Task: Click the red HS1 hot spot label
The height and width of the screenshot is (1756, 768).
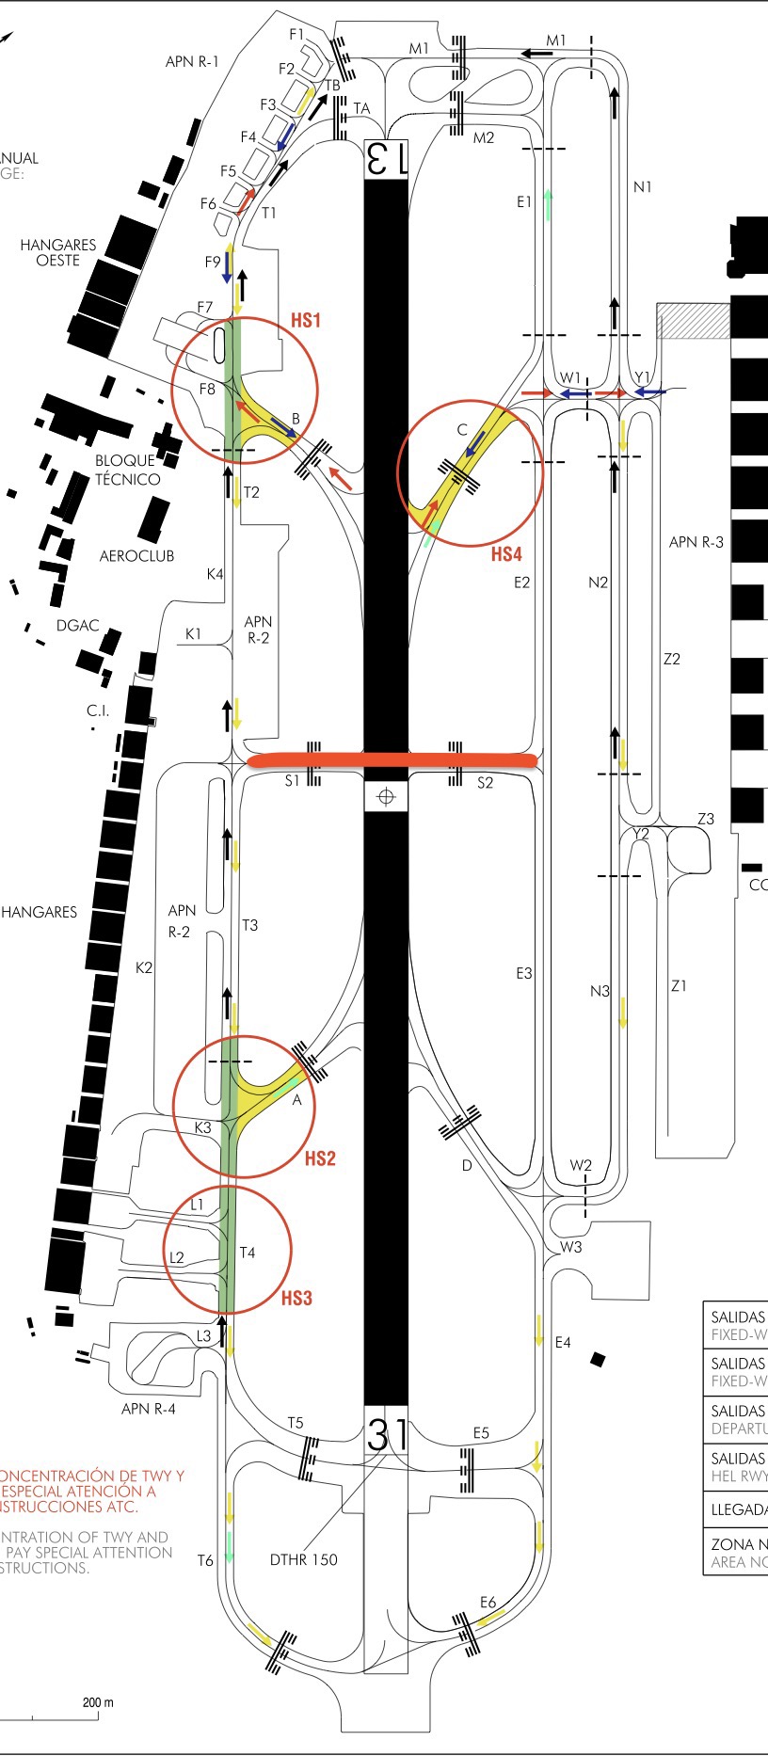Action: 305,321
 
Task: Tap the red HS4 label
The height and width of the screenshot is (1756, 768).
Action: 506,554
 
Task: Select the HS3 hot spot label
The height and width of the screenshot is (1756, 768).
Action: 296,1299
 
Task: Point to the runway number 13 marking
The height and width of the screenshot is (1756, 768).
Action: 386,158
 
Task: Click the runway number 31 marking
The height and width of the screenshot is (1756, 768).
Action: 386,1434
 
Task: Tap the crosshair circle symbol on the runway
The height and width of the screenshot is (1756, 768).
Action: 385,798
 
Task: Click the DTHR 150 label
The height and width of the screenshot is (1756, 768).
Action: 303,1559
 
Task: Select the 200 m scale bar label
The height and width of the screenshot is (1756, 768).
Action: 98,1702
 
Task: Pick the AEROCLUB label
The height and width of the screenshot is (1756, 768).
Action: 137,556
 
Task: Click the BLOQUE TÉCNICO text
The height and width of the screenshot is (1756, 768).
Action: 127,470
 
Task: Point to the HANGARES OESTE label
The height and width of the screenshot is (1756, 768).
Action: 58,252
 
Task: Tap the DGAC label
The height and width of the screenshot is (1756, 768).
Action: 77,626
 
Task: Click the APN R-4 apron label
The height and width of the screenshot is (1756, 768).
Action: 149,1409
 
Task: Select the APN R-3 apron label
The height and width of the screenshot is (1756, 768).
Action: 696,542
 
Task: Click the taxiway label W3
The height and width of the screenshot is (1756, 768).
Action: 570,1247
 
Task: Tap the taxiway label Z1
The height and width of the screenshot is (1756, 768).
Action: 679,986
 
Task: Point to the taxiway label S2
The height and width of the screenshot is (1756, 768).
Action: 485,783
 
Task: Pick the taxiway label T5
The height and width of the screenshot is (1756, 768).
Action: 296,1423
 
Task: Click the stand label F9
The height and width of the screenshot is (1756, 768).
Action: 213,263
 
